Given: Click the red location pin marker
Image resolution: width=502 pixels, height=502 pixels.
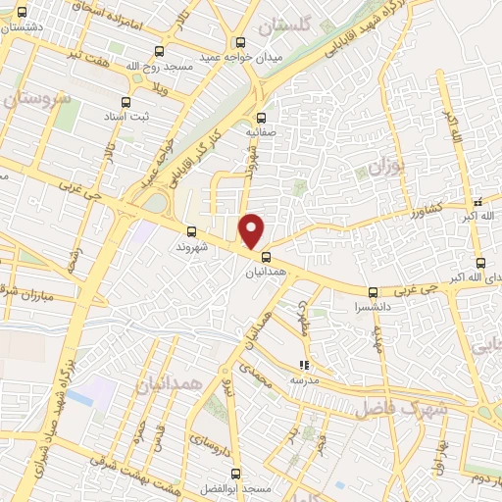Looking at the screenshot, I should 252,230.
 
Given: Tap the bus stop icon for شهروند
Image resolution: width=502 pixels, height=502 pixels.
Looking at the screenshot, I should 191,232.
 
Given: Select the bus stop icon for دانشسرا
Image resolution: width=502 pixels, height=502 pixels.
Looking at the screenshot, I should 373,292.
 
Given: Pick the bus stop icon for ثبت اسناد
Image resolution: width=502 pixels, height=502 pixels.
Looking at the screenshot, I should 125,102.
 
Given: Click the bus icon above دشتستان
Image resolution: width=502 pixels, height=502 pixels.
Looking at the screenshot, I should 22,12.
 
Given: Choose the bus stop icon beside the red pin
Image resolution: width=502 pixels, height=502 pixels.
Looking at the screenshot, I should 266,258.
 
